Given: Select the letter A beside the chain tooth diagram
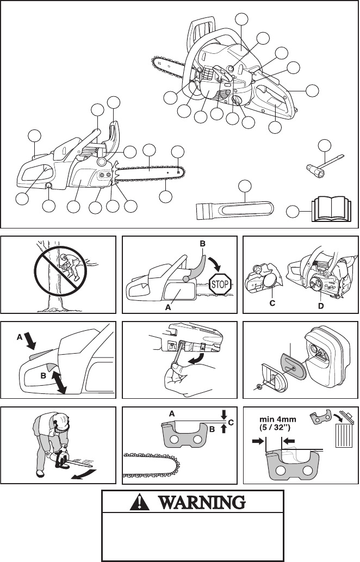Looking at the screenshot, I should coord(172,413).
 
